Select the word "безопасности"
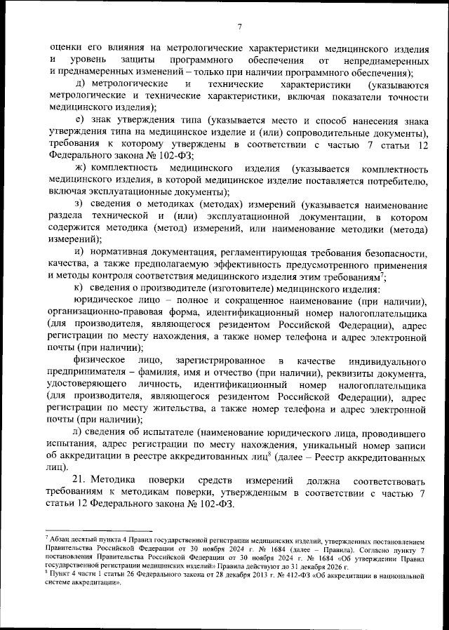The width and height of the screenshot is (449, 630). point(391,252)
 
